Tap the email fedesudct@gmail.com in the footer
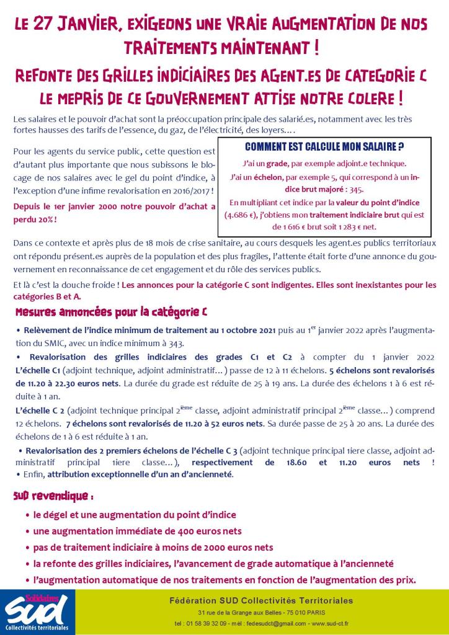[252, 623]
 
